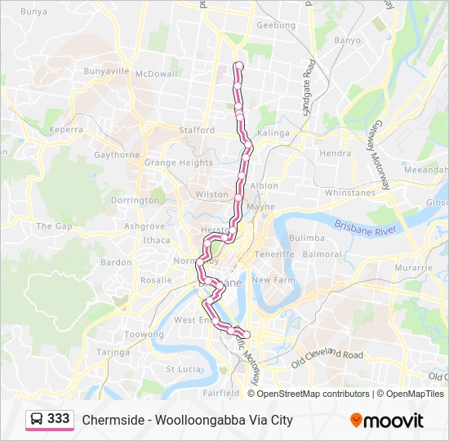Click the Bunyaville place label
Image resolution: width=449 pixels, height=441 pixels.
click(x=106, y=71)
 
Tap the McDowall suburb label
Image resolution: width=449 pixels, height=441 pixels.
click(x=156, y=73)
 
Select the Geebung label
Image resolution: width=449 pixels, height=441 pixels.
click(x=276, y=25)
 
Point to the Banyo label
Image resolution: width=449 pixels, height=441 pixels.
click(x=347, y=40)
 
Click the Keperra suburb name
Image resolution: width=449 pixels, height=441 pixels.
click(x=66, y=129)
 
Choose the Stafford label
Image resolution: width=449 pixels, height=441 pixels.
click(x=196, y=130)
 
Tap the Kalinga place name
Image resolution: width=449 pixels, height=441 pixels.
click(x=273, y=132)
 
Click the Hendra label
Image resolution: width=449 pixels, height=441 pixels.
click(x=336, y=153)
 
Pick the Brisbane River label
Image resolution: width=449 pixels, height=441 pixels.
click(x=365, y=227)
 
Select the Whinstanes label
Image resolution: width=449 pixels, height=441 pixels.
click(x=349, y=193)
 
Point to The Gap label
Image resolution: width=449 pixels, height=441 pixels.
click(x=55, y=225)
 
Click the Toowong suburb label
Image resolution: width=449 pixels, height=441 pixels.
click(x=144, y=335)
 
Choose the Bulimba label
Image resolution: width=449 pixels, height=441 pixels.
click(x=307, y=238)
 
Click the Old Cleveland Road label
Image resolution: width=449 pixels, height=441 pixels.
click(x=327, y=356)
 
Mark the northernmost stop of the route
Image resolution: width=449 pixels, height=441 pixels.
click(x=238, y=65)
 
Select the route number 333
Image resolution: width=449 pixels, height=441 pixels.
click(x=59, y=419)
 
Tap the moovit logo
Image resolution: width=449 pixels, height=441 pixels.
click(x=387, y=420)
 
